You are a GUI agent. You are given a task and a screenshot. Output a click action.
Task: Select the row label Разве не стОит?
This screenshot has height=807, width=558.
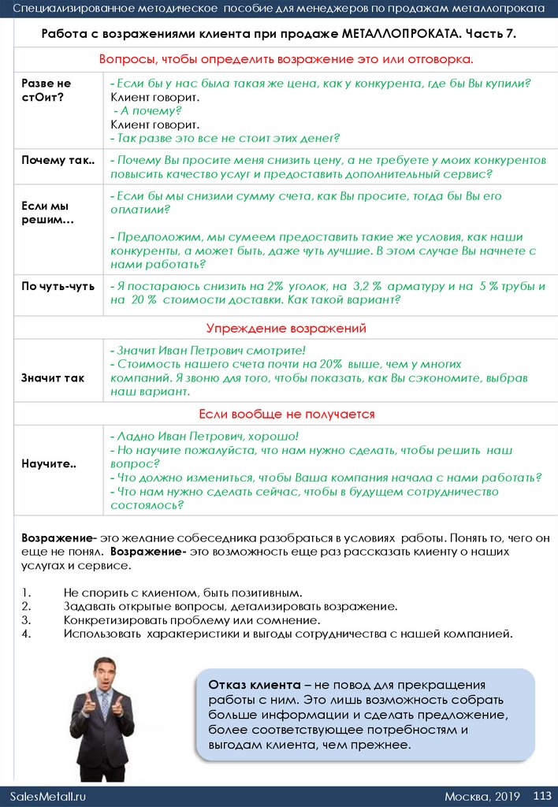[46, 90]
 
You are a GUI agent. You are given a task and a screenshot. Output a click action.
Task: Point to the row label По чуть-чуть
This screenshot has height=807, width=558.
[58, 286]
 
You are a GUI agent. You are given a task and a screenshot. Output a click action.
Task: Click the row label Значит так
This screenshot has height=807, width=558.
[53, 377]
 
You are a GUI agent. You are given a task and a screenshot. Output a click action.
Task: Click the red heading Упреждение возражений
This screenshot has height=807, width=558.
[286, 328]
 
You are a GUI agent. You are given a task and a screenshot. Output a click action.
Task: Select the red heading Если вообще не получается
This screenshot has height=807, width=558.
[286, 414]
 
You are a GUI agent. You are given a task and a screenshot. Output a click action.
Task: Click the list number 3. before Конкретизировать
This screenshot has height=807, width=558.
[26, 619]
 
